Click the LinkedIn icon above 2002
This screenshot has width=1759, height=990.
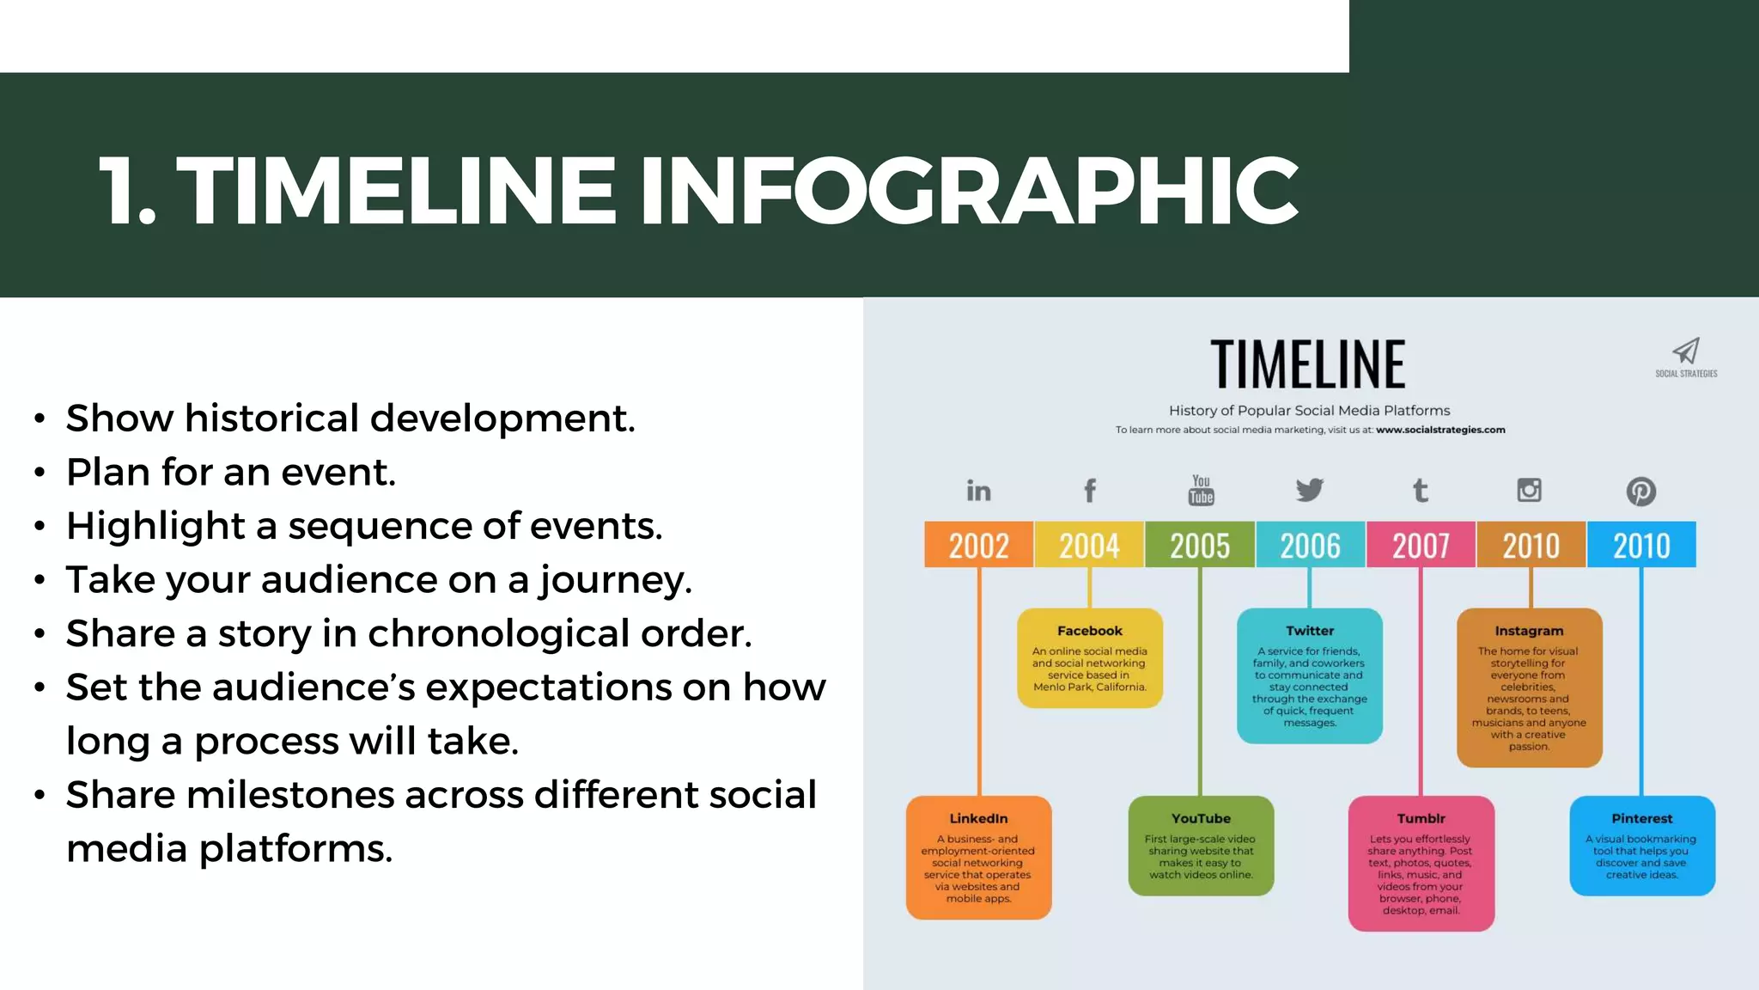pos(978,491)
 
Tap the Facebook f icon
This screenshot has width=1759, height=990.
pos(1090,491)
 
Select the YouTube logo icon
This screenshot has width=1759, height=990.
pos(1201,490)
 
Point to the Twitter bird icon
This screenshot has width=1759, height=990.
pos(1310,490)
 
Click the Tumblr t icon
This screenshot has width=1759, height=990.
pos(1421,491)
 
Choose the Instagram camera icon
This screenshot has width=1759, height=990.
pos(1530,490)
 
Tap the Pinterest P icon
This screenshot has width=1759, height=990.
pos(1641,492)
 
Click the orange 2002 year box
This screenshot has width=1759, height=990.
pos(978,545)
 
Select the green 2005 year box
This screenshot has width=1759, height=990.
pos(1200,545)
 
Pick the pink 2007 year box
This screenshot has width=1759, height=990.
pos(1421,545)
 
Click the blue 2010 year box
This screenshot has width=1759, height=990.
pos(1641,545)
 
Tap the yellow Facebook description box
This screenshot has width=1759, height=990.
pos(1090,658)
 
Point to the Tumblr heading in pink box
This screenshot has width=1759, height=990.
pos(1421,819)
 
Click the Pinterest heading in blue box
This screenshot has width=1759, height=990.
pos(1641,819)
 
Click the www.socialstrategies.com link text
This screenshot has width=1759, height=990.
pos(1440,430)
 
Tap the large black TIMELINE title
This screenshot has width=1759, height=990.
pos(1308,364)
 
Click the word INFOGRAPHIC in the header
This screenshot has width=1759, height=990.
pos(968,191)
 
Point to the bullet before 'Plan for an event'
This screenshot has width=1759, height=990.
pos(40,474)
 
